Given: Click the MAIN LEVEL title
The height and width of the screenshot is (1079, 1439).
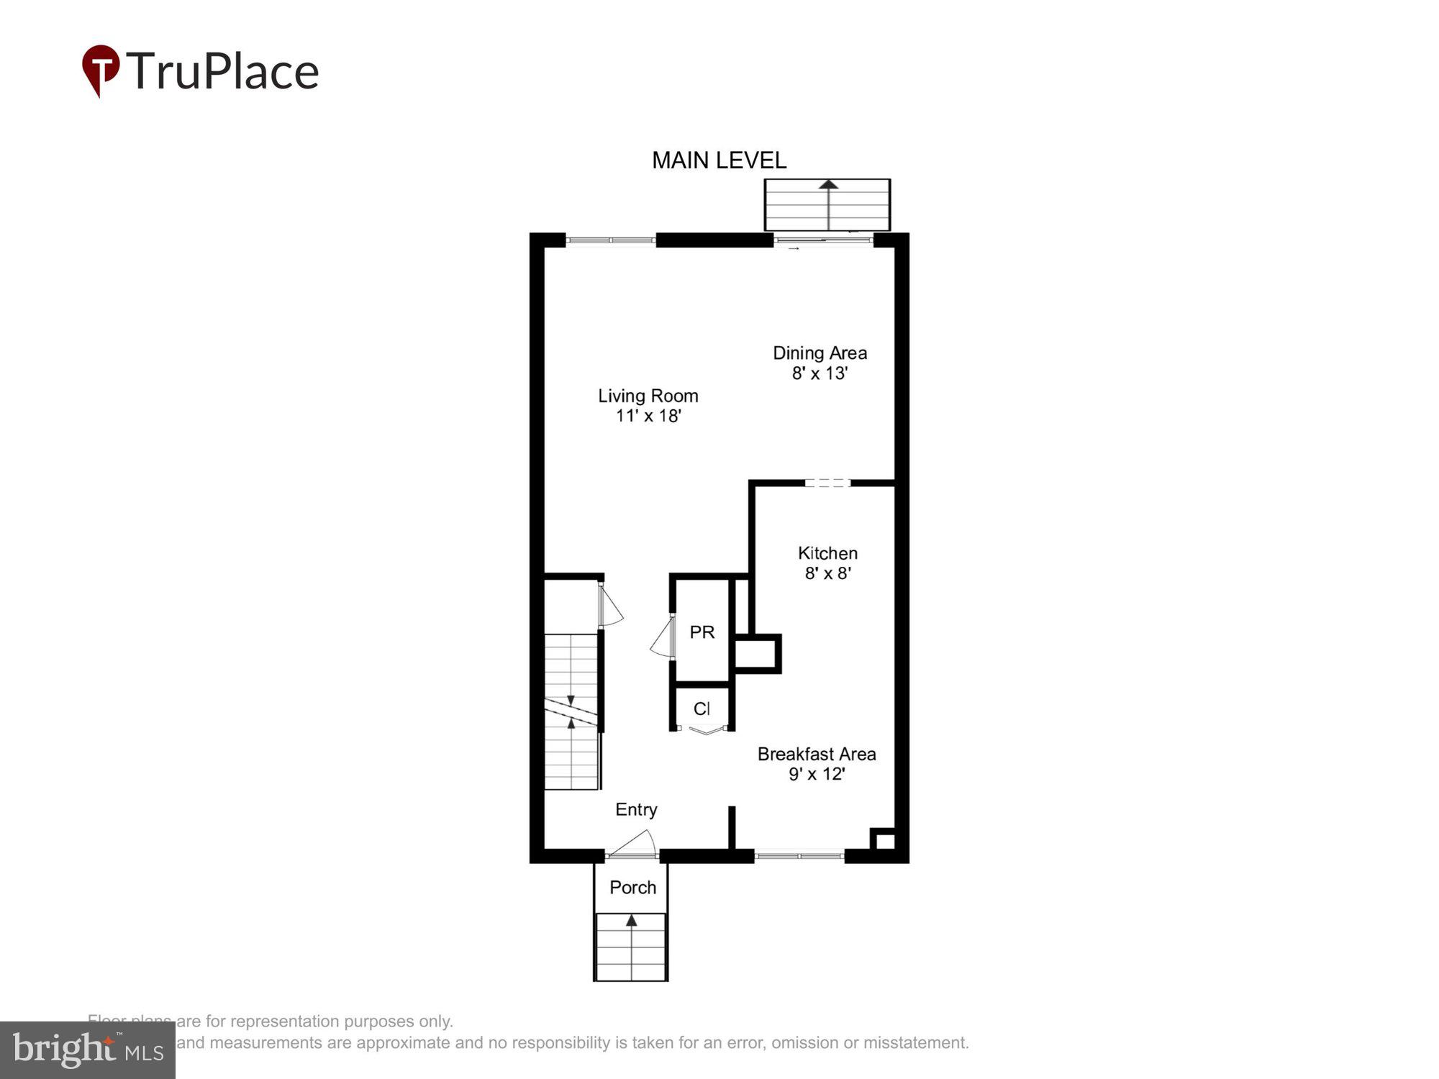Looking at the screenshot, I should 719,160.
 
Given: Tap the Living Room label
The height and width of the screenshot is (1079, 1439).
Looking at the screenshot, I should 648,396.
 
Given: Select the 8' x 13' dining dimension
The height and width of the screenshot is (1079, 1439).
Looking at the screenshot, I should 820,373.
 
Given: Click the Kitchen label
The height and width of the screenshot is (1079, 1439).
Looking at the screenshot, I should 827,553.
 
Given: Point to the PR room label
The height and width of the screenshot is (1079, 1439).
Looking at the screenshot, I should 702,632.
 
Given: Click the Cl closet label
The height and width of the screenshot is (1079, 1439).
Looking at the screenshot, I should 702,709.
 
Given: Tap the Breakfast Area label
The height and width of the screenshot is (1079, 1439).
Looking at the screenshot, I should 817,754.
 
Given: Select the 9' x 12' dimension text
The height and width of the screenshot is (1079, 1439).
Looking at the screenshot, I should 817,774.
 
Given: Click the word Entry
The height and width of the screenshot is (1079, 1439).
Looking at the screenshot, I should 636,809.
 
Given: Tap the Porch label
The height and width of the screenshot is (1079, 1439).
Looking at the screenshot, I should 632,887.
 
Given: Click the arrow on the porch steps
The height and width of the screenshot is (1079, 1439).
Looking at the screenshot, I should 631,921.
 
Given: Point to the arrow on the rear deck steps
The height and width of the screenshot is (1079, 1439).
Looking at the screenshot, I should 829,185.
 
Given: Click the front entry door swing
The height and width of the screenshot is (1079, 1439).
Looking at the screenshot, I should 636,843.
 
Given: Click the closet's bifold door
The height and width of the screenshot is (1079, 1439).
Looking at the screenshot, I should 704,731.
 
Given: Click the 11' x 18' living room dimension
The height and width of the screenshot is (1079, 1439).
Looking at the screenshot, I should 648,416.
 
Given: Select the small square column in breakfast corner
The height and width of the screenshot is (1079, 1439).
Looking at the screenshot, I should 884,840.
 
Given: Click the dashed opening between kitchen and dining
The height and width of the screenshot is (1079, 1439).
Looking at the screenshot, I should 827,483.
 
